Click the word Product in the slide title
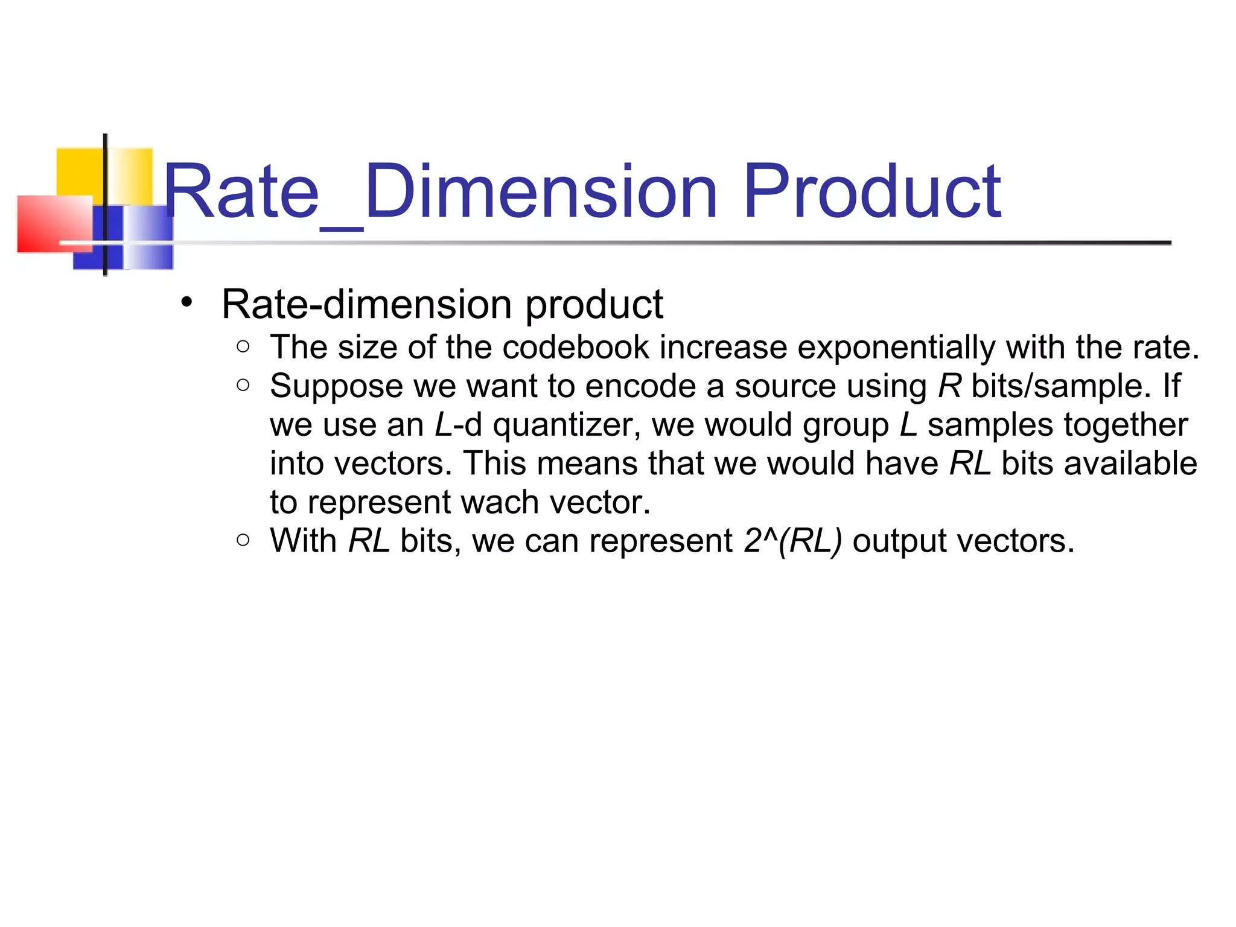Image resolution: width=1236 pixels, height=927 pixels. click(872, 192)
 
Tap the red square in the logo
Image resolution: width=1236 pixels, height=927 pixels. click(54, 223)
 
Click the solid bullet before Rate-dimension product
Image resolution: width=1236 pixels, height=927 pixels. click(186, 302)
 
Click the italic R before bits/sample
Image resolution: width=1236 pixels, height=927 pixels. click(949, 386)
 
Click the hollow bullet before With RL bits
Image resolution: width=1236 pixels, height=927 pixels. click(243, 540)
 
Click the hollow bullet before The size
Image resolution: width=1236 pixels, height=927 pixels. click(243, 346)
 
